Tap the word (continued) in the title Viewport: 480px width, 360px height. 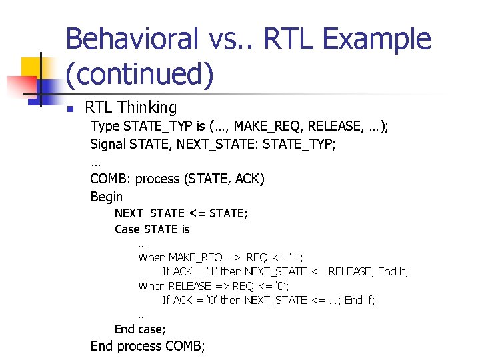click(x=140, y=74)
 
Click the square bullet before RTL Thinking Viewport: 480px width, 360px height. click(x=68, y=109)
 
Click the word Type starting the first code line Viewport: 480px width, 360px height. click(x=104, y=126)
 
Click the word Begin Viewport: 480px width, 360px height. click(x=107, y=197)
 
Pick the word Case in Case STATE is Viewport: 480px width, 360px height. click(x=127, y=229)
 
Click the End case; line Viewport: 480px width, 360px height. click(x=140, y=329)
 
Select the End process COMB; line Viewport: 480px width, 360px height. click(x=148, y=346)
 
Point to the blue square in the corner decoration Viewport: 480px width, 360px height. click(x=50, y=87)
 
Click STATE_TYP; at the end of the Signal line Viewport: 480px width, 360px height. click(x=300, y=144)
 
